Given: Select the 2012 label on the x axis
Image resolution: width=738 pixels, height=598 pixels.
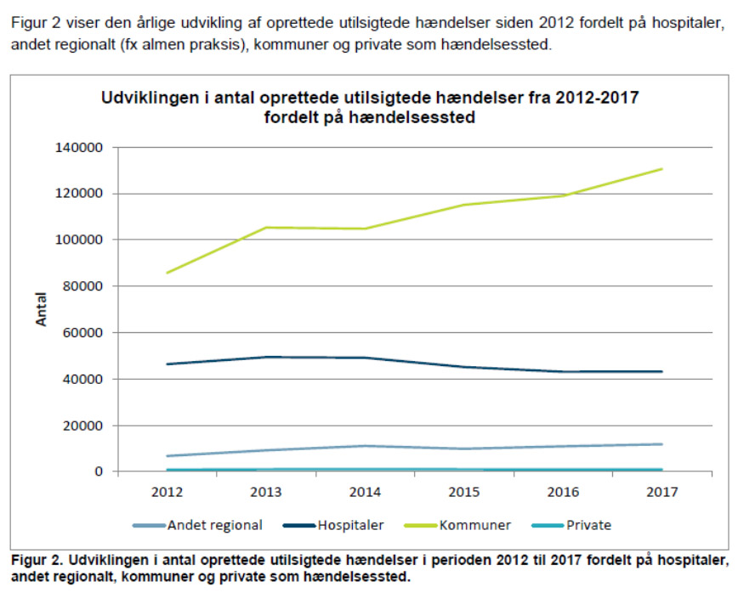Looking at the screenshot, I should click(167, 491).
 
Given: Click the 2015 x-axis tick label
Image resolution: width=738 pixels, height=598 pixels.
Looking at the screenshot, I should click(464, 491).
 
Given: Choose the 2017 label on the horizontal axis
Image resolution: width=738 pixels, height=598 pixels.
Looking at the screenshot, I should click(662, 491).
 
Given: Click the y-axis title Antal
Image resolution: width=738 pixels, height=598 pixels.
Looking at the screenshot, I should click(41, 309).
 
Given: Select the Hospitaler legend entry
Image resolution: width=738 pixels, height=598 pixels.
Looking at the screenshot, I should click(349, 525).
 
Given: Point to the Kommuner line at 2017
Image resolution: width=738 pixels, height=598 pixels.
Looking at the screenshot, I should click(662, 169).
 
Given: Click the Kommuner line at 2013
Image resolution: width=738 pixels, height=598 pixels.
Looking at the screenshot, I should click(266, 228).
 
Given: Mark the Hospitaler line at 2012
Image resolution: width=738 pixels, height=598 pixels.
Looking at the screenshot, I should click(167, 364).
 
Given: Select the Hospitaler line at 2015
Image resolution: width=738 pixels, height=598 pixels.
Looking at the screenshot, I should click(464, 367).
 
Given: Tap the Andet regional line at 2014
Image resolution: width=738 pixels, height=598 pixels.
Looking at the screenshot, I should click(365, 446).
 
